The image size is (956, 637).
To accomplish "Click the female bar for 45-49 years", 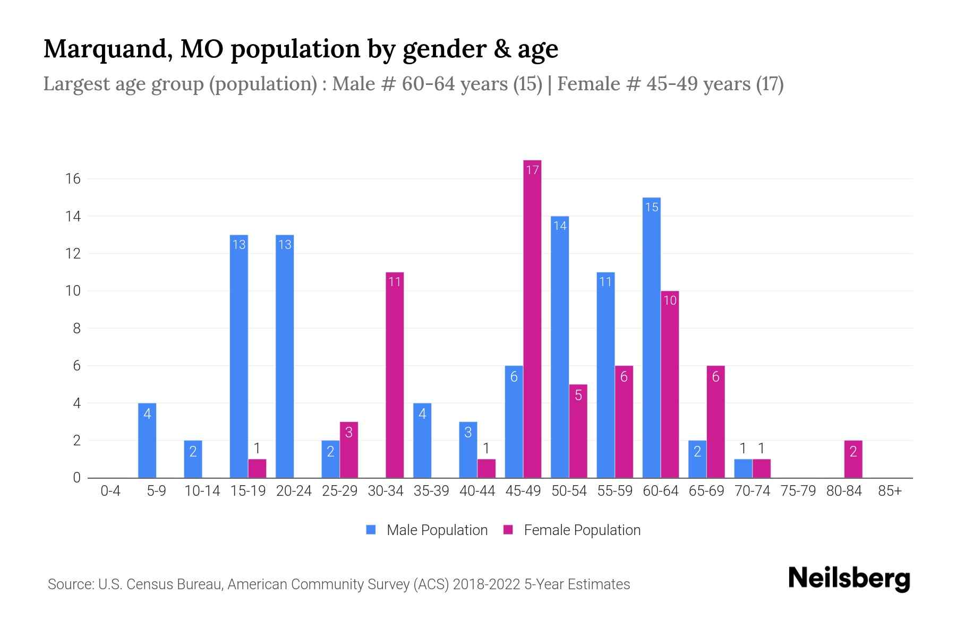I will click(x=532, y=318).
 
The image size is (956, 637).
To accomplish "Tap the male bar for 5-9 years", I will click(x=147, y=441).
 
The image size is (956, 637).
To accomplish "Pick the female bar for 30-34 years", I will click(x=395, y=375).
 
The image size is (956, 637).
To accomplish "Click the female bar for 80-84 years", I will click(x=853, y=459).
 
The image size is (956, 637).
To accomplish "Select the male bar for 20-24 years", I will click(x=285, y=356).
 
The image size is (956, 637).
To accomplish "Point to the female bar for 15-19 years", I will click(x=257, y=468).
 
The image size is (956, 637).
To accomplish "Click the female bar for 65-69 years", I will click(x=715, y=421).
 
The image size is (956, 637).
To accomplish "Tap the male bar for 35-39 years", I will click(x=422, y=441).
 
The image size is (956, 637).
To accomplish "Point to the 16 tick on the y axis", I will click(x=73, y=179).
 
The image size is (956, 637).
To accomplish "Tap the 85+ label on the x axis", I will click(x=890, y=491).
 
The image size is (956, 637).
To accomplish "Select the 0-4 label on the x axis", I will click(x=110, y=491).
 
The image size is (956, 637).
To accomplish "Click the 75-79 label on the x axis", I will click(x=798, y=491).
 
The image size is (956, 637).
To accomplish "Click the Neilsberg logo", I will click(x=849, y=579).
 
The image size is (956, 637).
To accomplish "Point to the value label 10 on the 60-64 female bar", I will click(x=670, y=300).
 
